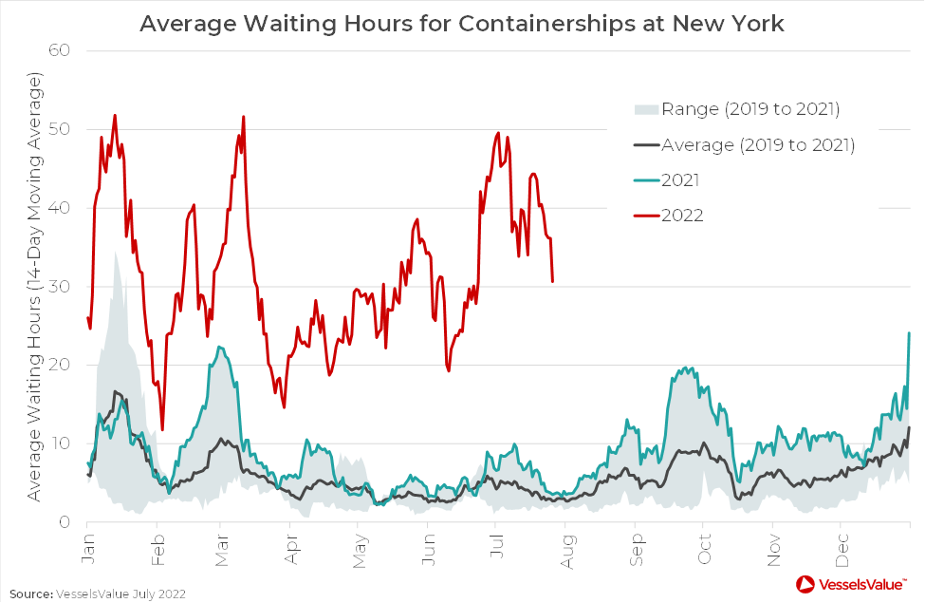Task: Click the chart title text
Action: tap(462, 22)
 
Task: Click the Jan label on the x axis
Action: tap(86, 554)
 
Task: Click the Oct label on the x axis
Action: tap(705, 554)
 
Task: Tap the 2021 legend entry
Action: tap(682, 179)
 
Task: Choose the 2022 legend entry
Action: tap(682, 216)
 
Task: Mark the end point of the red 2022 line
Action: tap(552, 281)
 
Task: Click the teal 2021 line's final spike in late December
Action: tap(909, 333)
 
